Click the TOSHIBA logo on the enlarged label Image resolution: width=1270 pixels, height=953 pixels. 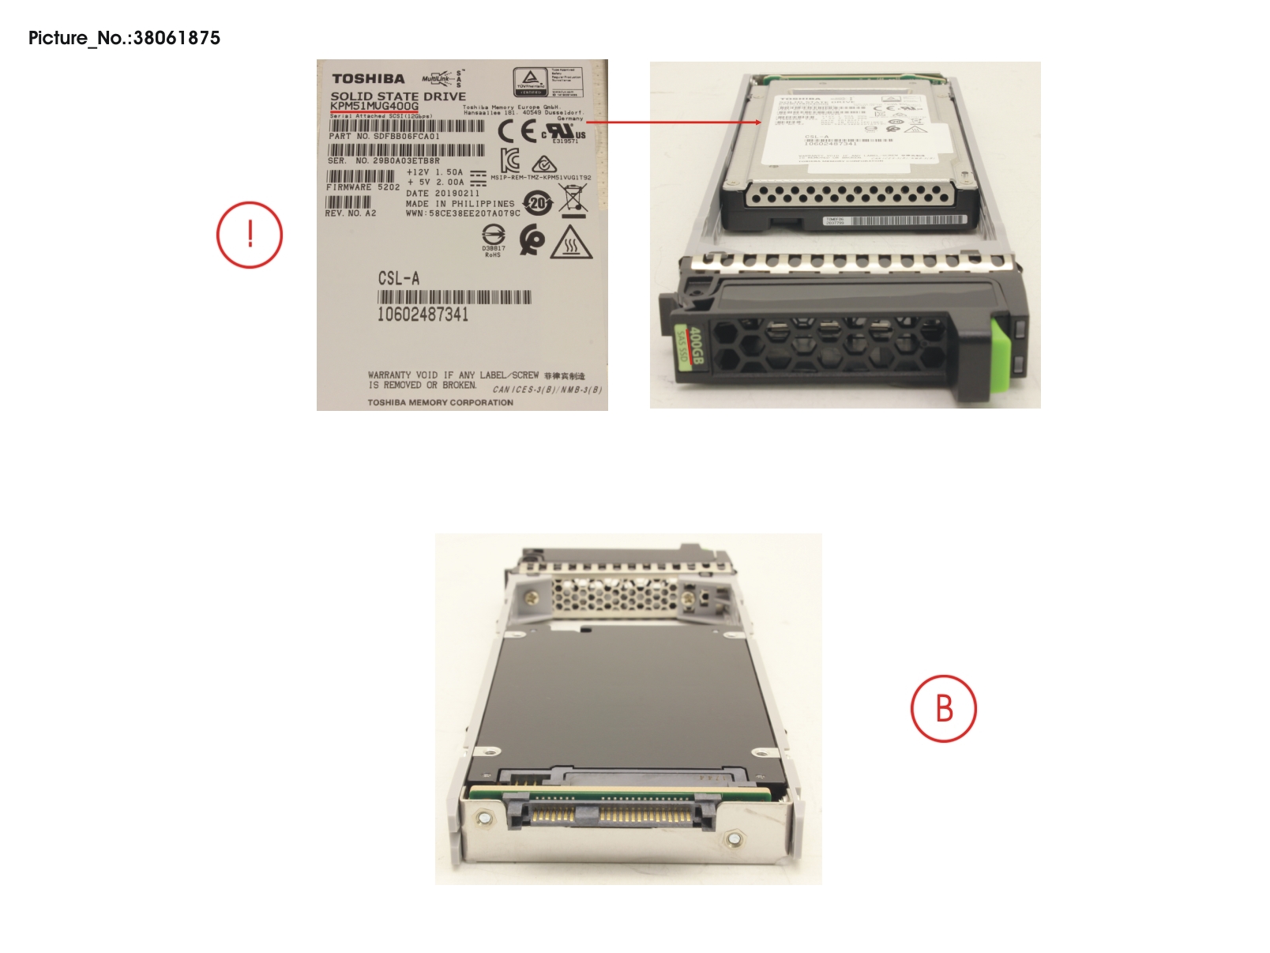coord(368,79)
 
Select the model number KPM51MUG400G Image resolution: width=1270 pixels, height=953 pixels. coord(374,106)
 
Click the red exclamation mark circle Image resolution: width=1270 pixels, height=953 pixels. coord(250,235)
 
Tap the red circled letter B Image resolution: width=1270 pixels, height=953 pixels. coord(944,708)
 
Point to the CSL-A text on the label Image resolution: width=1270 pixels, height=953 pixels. coord(399,278)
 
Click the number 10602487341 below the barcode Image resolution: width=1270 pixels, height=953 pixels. coord(423,315)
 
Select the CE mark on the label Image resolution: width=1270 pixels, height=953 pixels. coord(517,132)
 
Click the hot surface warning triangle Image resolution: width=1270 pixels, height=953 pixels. coord(571,243)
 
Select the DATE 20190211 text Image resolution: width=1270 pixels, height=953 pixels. coord(442,193)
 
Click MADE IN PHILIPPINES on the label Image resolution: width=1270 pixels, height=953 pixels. coord(460,203)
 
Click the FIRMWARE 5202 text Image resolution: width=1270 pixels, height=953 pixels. coord(363,187)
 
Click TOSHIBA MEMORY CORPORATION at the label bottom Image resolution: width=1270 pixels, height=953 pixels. coord(440,402)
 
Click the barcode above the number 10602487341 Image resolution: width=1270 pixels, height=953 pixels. coord(454,297)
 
